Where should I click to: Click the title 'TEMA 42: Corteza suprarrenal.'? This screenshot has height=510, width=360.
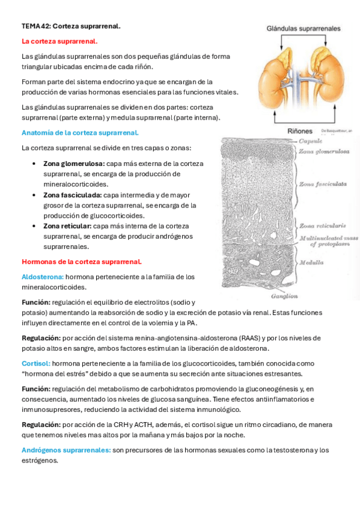[71, 26]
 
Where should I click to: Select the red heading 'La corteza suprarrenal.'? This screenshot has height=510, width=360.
[59, 41]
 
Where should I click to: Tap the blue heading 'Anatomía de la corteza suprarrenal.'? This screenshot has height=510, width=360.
[80, 132]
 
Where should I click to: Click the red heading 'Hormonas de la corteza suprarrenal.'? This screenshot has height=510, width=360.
[82, 262]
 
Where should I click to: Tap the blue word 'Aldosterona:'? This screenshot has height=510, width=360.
[43, 277]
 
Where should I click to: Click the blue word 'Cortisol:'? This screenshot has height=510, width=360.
[36, 364]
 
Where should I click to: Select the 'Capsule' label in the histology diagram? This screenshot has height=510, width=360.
[312, 141]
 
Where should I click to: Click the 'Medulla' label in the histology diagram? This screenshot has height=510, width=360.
[313, 262]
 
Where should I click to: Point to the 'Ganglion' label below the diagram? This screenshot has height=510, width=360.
[284, 296]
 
